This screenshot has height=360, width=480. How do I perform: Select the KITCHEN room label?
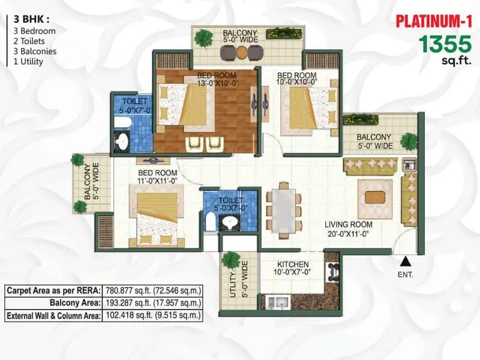click(293, 265)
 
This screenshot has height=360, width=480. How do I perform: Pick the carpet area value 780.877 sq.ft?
click(153, 290)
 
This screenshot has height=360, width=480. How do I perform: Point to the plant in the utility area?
click(231, 260)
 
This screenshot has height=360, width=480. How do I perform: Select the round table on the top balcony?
click(241, 53)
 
